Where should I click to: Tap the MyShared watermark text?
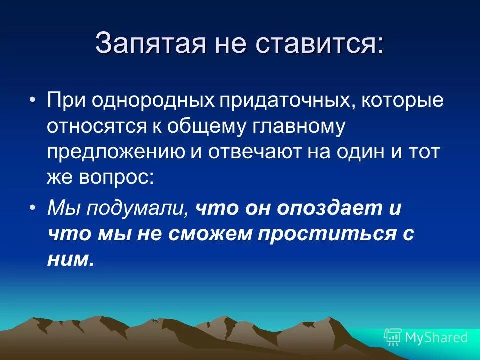pos(436,337)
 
